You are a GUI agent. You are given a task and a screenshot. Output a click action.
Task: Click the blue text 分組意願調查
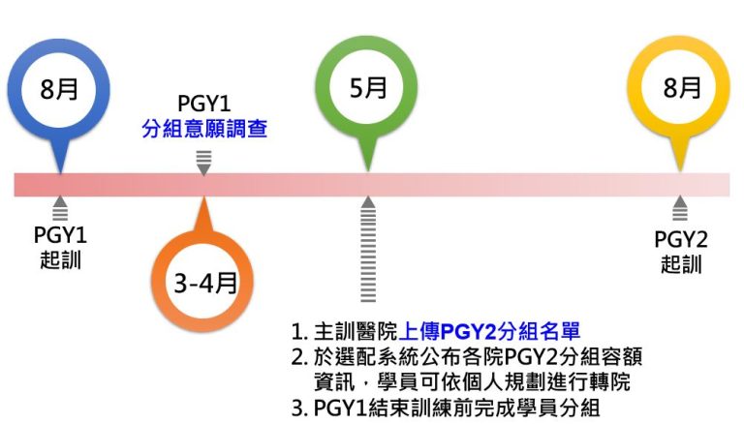[x=204, y=129]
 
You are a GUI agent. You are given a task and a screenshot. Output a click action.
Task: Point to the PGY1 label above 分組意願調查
[x=204, y=104]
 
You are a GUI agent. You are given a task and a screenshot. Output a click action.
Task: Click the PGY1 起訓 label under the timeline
[x=60, y=247]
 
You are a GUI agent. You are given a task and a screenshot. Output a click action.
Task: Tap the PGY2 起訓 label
[x=680, y=252]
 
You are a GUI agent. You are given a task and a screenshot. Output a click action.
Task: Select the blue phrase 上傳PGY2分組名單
[x=489, y=331]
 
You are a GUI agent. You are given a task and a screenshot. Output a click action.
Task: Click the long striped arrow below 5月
[x=368, y=249]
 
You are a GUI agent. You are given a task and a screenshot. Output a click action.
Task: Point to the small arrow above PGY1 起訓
[x=60, y=208]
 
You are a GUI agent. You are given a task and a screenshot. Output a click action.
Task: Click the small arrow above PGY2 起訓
[x=680, y=208]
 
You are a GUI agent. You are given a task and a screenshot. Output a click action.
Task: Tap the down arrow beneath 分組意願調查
[x=204, y=164]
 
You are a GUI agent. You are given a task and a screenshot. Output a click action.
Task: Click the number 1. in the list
[x=299, y=332]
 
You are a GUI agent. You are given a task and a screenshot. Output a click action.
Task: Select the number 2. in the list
[x=300, y=357]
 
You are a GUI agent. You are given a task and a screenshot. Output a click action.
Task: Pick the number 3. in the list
[x=300, y=408]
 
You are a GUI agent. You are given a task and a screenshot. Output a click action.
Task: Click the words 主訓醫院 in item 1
[x=356, y=331]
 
